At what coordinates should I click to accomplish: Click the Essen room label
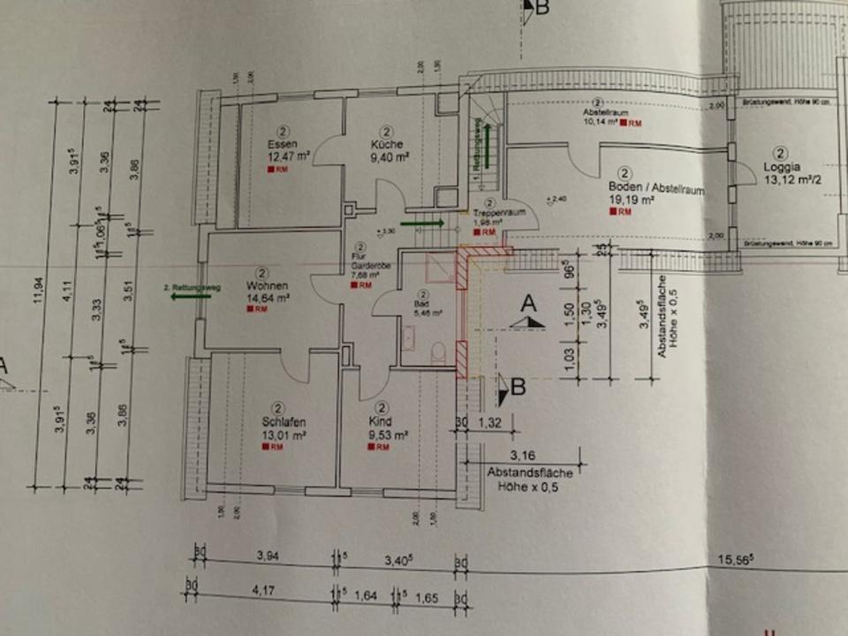tap(284, 143)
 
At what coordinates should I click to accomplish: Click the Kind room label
tap(382, 421)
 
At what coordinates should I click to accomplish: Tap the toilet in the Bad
tap(439, 353)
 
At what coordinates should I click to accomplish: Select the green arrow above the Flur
tap(416, 224)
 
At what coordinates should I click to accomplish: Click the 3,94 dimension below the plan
tap(266, 556)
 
